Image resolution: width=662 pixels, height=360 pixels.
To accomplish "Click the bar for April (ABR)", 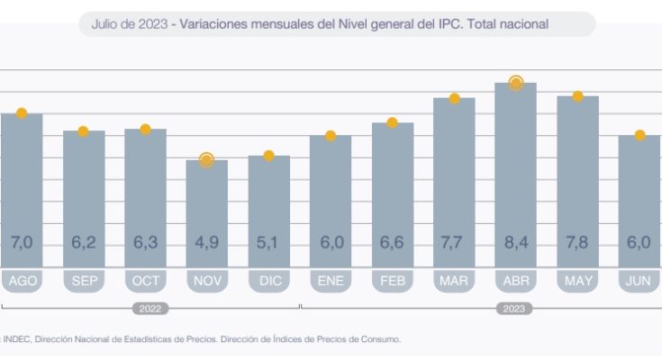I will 515,171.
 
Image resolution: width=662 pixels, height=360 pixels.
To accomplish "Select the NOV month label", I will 206,282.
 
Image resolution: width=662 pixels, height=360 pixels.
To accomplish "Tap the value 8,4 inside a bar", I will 515,242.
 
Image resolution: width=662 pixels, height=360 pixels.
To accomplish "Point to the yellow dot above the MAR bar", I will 454,99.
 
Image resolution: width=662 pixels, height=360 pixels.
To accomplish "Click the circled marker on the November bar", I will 206,160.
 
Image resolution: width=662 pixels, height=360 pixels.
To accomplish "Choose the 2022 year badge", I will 150,308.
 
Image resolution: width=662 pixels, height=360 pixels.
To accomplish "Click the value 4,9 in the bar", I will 206,242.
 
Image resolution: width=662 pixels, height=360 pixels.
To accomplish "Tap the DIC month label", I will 268,282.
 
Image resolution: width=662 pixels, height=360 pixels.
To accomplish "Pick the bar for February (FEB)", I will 392,193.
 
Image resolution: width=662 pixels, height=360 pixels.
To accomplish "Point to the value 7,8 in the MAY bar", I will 577,242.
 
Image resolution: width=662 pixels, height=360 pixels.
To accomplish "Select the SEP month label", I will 83,282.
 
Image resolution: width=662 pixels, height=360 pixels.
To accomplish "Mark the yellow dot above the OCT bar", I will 145,130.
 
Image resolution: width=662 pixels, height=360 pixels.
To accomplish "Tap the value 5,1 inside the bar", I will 268,242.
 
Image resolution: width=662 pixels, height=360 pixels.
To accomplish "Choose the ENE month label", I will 330,282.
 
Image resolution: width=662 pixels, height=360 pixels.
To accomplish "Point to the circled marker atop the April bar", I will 516,83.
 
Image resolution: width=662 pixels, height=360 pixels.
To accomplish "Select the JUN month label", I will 639,282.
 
